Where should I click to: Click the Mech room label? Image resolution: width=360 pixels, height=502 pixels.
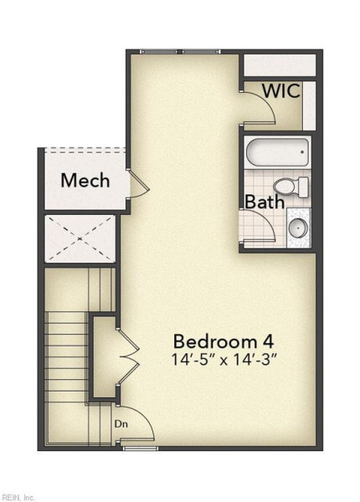coord(85,180)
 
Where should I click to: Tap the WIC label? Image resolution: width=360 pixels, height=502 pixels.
coord(281,90)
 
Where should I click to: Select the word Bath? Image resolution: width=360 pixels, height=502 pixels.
coord(265,202)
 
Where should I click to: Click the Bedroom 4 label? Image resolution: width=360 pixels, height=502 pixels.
coord(224,341)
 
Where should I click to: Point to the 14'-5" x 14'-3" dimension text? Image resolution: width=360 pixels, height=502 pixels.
coord(224,359)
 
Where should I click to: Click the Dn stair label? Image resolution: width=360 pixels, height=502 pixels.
coord(121,424)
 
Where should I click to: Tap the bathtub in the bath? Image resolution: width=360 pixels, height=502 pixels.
coord(277,152)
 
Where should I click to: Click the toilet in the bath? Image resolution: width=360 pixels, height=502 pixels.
coord(291,186)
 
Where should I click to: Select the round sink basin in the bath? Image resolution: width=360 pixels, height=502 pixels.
coord(298,228)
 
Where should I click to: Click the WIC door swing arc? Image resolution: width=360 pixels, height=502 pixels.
coord(266,101)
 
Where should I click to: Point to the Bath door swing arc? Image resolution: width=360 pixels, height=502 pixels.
coord(266,218)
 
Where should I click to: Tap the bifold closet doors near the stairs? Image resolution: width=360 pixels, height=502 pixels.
coord(128,356)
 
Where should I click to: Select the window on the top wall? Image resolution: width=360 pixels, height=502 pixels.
coord(180,51)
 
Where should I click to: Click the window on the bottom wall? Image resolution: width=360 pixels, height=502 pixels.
coord(141,448)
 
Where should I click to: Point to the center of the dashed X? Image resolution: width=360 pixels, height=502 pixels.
coord(80,238)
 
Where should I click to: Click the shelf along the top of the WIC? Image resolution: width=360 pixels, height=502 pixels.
coord(280,65)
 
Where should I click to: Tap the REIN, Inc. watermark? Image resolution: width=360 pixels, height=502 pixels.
coord(17,498)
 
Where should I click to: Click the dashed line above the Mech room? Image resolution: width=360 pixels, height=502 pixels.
coord(85,150)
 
